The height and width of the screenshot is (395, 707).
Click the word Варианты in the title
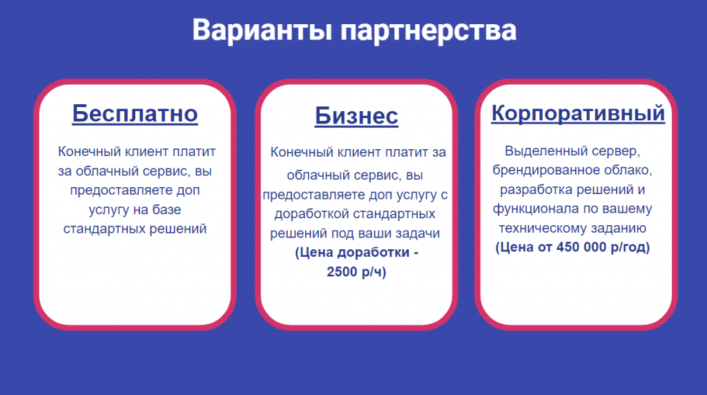tap(262, 30)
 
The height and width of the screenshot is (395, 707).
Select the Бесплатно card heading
tap(135, 114)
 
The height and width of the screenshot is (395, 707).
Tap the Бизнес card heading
tap(356, 116)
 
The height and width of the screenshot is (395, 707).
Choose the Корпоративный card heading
tap(578, 113)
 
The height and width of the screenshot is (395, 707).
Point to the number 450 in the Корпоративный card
tap(568, 247)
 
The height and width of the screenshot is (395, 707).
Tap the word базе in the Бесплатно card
tap(167, 209)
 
